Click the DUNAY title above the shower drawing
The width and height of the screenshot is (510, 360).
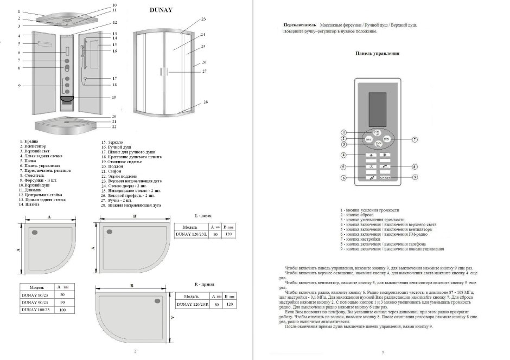(161, 10)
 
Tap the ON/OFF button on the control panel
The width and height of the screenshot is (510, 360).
(385, 177)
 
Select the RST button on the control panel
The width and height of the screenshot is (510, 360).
(368, 139)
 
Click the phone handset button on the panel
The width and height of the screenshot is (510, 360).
(385, 166)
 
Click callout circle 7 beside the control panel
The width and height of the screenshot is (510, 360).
(414, 139)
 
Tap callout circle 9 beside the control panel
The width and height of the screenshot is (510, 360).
(414, 177)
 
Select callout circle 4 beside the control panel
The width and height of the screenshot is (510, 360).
(343, 156)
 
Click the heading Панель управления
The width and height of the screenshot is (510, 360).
(378, 54)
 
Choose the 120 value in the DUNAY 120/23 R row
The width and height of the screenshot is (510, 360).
(231, 305)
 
